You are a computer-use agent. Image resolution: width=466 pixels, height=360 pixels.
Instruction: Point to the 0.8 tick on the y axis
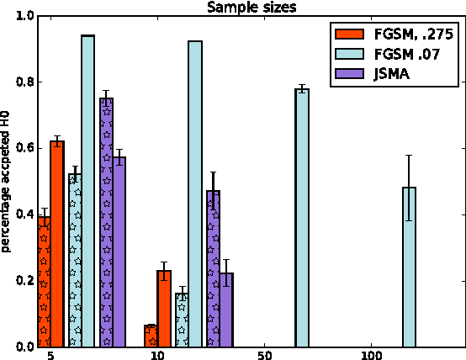pyautogui.click(x=24, y=82)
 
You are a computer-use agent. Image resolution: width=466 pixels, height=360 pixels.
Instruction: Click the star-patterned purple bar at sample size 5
pyautogui.click(x=106, y=223)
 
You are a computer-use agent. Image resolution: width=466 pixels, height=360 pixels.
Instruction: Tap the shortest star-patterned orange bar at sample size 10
pyautogui.click(x=151, y=336)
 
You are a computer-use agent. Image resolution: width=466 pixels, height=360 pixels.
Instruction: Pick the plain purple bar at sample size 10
pyautogui.click(x=225, y=310)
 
